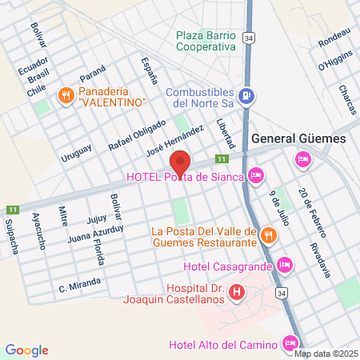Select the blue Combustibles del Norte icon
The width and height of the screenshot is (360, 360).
pos(248,96)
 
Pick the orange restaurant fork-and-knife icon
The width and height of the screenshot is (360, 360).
pos(269,234)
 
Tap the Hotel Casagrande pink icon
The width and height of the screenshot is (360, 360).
pos(285,265)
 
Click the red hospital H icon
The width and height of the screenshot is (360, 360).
pos(236,293)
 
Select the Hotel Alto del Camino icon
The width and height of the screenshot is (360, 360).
pos(290,344)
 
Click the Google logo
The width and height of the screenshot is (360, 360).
pos(26,350)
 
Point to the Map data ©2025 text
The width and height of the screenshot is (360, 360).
pos(326,353)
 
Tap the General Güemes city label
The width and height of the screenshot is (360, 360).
pos(298,138)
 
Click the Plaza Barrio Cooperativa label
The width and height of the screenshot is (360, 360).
pos(206,41)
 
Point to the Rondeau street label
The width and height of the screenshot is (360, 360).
pos(334,38)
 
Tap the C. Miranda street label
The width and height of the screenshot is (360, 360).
pos(80,284)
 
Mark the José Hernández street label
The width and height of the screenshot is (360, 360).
pos(170,141)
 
